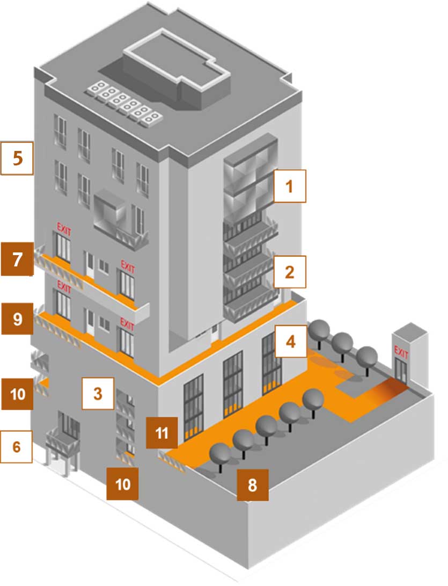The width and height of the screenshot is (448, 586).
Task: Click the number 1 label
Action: [290, 186]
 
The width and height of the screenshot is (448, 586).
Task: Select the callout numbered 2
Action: [290, 272]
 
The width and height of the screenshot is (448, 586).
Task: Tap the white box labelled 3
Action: [98, 394]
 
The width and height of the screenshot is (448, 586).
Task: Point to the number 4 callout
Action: [290, 342]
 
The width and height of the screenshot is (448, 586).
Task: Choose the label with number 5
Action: [17, 158]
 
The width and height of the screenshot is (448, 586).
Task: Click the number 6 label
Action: [16, 446]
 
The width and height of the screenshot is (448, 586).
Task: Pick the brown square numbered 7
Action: [17, 259]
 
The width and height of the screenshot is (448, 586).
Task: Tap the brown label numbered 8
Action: [252, 486]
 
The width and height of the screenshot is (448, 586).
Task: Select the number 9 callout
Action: [17, 320]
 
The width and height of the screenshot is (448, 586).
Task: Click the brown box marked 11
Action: [161, 432]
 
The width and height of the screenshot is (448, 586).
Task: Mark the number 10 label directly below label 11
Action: [123, 484]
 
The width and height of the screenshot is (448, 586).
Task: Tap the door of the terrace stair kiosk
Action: [401, 369]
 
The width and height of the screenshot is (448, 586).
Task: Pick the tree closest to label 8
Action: [221, 454]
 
